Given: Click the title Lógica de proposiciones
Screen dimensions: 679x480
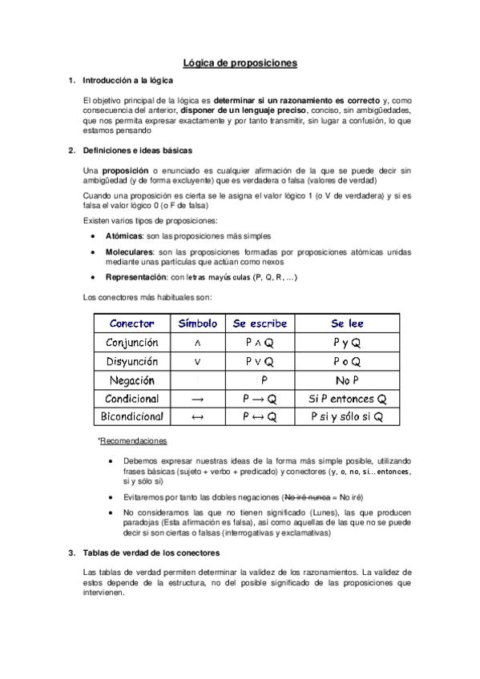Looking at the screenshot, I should (240, 62).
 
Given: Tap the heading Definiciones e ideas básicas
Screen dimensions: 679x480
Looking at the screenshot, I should (137, 151).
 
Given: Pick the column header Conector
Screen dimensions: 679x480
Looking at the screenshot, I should (131, 323).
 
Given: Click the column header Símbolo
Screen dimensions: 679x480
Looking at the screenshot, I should (197, 323).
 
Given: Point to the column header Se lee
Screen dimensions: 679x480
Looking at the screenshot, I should (347, 323).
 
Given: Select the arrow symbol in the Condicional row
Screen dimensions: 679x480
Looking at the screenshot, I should (198, 399).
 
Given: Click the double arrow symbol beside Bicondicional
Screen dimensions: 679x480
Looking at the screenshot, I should (198, 417).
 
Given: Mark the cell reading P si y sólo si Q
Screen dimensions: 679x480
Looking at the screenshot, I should (347, 417).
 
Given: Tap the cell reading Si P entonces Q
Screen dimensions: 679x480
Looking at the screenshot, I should (347, 399).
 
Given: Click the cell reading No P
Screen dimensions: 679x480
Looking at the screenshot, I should (347, 380).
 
